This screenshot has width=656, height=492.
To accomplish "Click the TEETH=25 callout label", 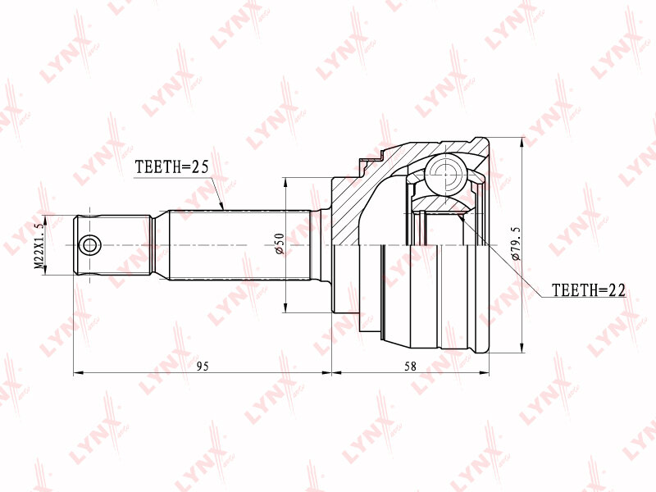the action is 171,167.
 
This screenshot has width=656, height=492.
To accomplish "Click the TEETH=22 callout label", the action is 589,290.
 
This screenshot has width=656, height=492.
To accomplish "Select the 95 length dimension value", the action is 203,366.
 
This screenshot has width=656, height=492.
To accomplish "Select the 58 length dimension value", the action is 411,366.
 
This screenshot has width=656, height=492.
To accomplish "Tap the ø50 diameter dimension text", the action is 280,244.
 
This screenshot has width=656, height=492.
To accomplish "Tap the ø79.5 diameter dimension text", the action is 516,244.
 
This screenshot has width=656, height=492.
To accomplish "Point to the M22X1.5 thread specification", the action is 39,245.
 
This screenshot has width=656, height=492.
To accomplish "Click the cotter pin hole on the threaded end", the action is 89,245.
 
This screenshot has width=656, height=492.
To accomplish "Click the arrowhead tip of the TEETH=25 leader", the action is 224,209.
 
